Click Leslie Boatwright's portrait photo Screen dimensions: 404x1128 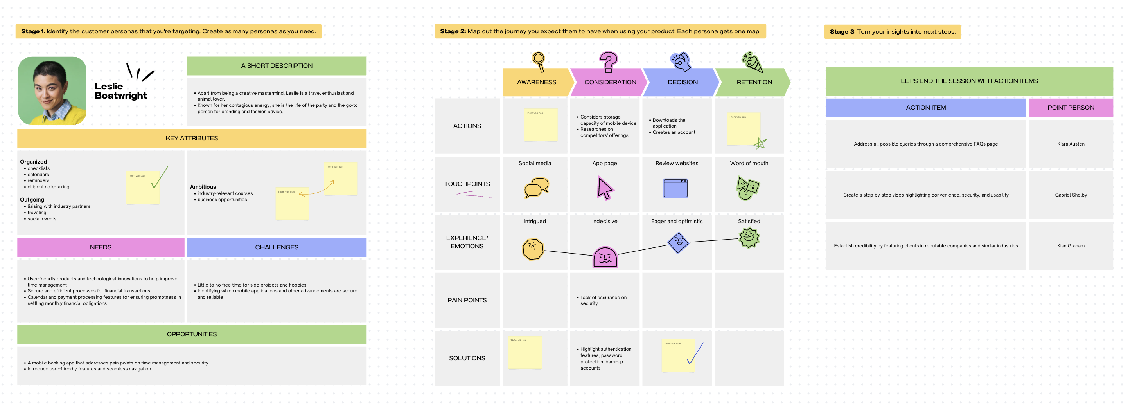point(52,91)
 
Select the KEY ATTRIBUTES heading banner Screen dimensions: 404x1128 point(191,138)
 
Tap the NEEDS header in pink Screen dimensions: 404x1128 point(101,247)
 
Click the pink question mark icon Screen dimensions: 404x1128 point(608,62)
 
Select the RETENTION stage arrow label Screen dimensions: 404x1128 point(754,82)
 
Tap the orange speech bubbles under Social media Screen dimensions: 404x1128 point(536,188)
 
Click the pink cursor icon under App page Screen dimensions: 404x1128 point(605,188)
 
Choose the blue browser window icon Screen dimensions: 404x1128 point(675,188)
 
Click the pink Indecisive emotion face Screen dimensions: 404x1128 point(605,257)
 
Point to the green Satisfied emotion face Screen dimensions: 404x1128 point(749,238)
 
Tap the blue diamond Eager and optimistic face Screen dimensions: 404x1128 point(678,242)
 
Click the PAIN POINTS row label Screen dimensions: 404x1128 point(467,300)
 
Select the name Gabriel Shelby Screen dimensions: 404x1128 point(1070,195)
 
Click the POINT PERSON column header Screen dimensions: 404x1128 point(1070,108)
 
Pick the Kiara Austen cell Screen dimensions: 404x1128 point(1070,144)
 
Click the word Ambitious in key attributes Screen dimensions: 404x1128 point(203,187)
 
